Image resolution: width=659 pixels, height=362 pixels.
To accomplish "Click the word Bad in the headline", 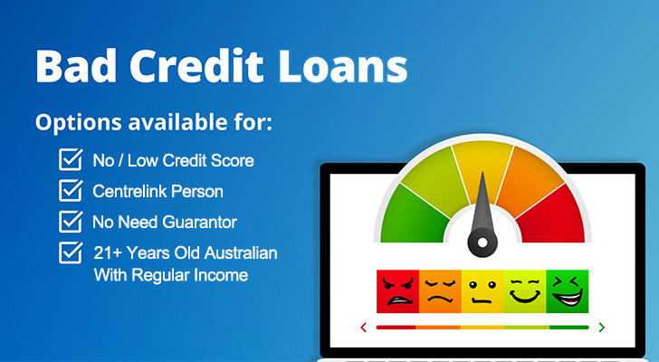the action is [x=76, y=66].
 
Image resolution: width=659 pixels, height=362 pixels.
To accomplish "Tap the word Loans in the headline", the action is [x=342, y=66].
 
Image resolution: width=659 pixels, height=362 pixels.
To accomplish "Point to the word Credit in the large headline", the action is [x=196, y=66].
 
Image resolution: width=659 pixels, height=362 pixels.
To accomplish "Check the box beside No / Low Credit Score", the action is [x=71, y=159].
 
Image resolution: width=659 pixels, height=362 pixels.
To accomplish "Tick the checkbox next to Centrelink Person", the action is [x=71, y=191].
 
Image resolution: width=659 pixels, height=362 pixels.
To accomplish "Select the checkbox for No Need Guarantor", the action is [x=71, y=222].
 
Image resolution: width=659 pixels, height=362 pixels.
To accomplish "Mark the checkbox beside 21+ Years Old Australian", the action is [x=71, y=252].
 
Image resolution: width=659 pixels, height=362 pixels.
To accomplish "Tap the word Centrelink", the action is [x=129, y=192].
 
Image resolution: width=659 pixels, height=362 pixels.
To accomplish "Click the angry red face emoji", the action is [x=397, y=291].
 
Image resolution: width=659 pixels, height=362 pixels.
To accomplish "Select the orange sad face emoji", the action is [x=440, y=291].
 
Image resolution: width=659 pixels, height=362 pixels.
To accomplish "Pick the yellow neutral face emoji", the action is [x=482, y=291].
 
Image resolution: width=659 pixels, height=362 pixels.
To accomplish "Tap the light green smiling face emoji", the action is [x=524, y=291].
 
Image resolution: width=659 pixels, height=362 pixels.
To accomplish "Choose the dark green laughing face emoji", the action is [x=567, y=291].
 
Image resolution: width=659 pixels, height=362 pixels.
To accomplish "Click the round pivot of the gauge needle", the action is [x=482, y=243].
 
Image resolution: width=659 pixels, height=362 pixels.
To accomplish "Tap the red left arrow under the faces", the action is [x=364, y=327].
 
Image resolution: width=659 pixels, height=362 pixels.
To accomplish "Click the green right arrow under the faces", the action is [x=602, y=327].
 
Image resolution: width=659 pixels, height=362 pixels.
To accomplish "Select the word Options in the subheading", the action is [x=78, y=123].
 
